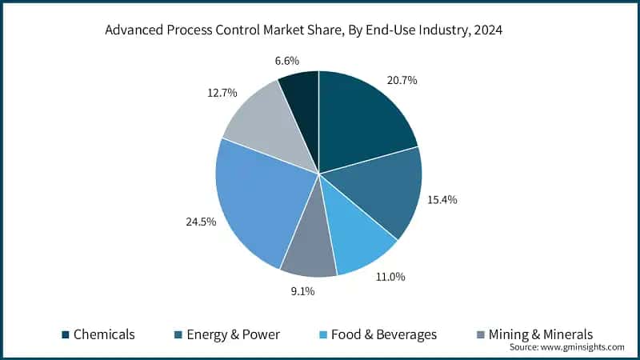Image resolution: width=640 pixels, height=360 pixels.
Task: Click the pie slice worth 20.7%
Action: pos(360,116)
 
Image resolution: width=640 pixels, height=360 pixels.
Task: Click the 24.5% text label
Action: pos(200,222)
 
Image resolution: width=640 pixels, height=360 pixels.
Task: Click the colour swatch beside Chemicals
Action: pos(66,334)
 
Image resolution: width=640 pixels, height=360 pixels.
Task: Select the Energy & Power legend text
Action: pos(233,334)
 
